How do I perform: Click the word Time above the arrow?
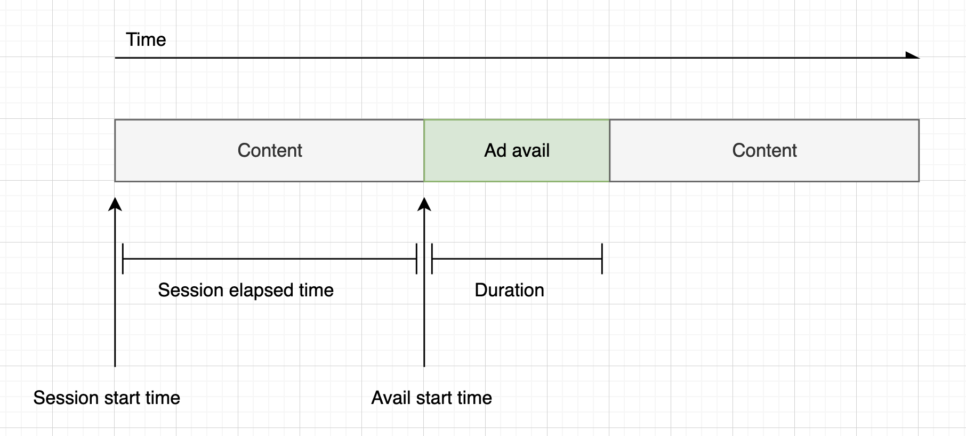(146, 39)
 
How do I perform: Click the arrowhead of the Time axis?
(913, 55)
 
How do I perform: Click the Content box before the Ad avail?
(269, 150)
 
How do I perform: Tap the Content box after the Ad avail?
(764, 150)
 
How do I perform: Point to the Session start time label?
(107, 398)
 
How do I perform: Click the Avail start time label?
(431, 398)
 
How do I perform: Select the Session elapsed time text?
(245, 290)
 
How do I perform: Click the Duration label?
(509, 290)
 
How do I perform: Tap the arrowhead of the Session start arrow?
(115, 204)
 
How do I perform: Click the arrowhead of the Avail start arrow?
(424, 204)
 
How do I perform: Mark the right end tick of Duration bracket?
(602, 259)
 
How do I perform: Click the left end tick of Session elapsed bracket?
(123, 259)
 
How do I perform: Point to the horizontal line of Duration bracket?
(517, 259)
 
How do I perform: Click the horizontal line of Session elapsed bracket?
(269, 259)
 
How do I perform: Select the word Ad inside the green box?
(495, 150)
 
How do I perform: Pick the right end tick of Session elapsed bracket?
(416, 259)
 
